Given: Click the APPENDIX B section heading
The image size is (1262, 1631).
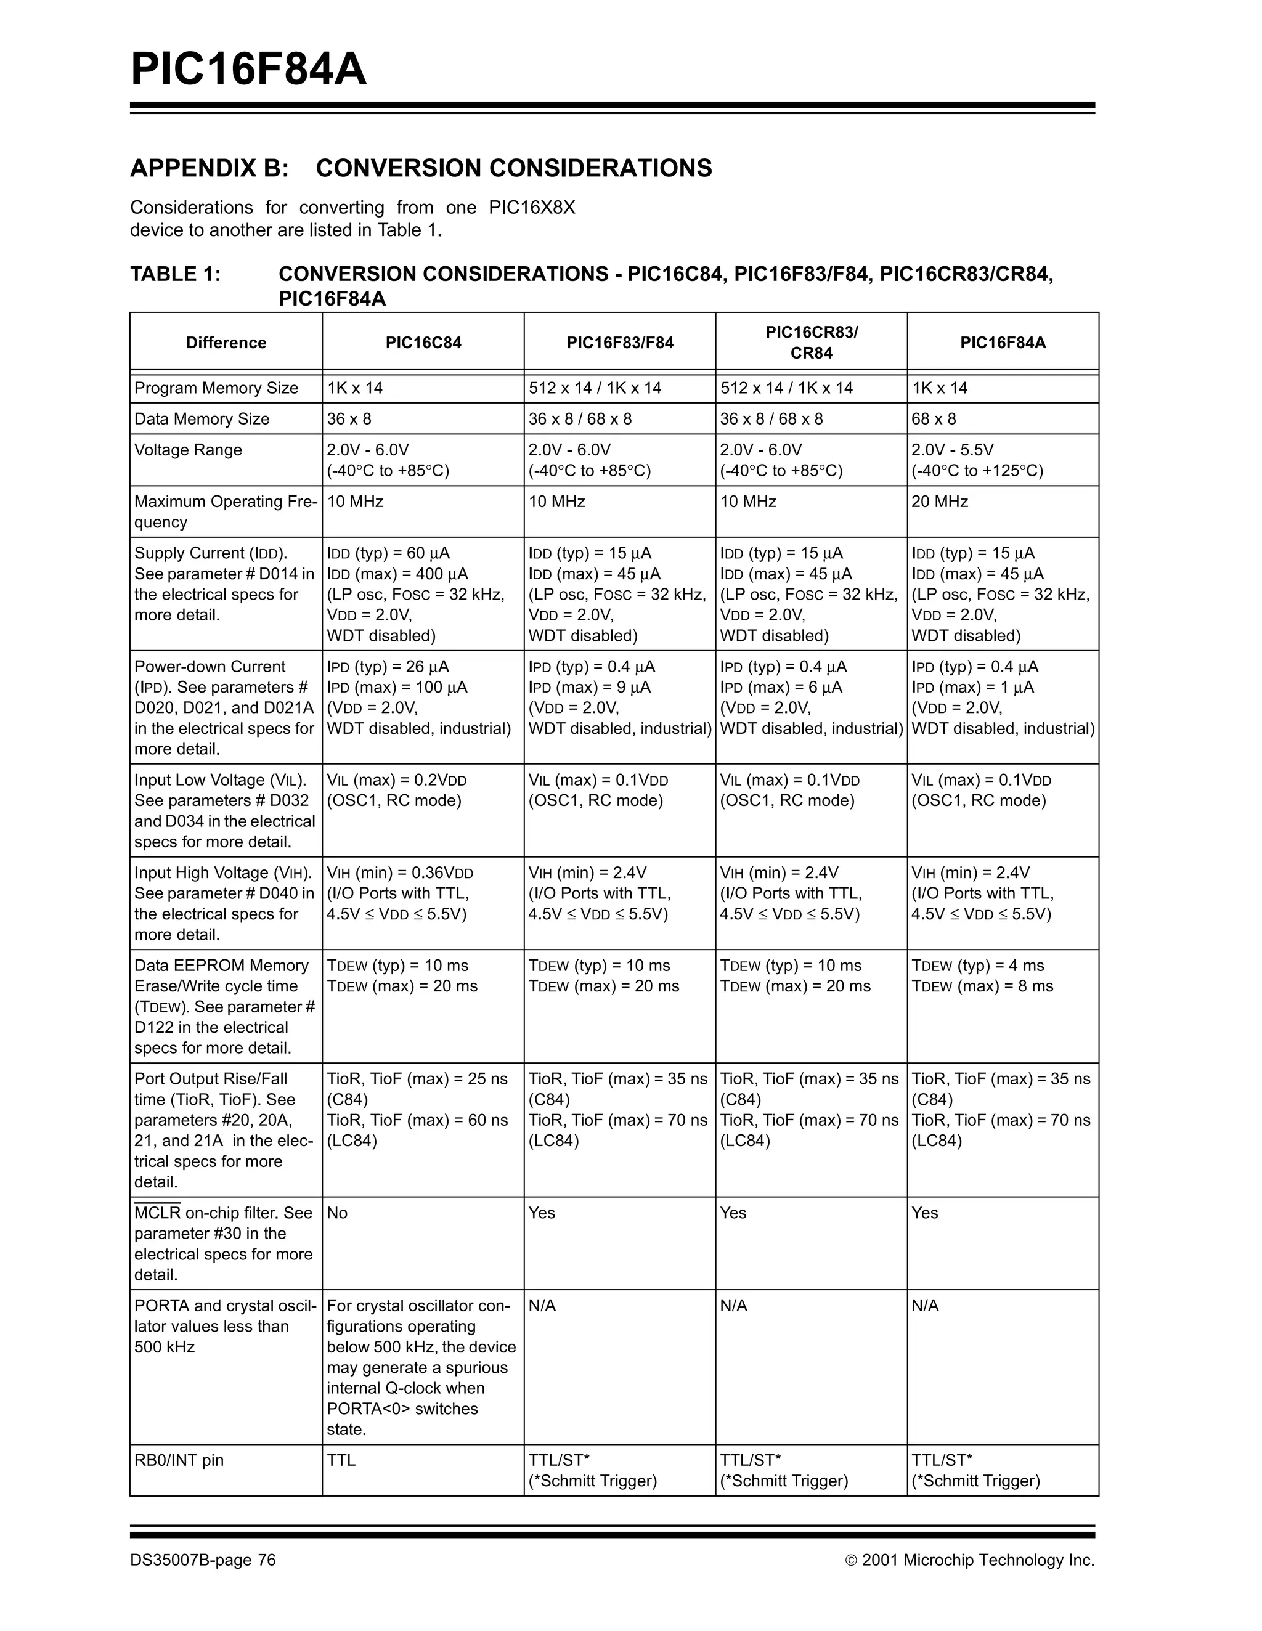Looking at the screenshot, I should [420, 168].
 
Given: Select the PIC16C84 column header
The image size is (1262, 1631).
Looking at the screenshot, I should [423, 343].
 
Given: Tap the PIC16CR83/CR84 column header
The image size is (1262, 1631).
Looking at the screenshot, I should [811, 343].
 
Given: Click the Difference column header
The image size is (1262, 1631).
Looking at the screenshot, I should [226, 343].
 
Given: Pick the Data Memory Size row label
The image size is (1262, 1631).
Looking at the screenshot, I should [202, 419].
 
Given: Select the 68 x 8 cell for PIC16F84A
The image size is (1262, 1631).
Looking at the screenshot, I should [934, 419].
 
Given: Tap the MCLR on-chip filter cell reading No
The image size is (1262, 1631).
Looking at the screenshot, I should [338, 1213].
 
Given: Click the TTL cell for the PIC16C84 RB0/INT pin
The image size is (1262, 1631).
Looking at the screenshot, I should [341, 1460].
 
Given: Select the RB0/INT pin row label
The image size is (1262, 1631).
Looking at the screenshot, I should [179, 1460].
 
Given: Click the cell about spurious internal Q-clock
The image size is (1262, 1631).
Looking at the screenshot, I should [421, 1367].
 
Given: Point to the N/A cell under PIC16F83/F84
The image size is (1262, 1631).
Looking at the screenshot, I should [543, 1306].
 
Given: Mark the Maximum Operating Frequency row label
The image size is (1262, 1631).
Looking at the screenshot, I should [224, 511].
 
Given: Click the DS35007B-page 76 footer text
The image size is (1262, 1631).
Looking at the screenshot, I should [203, 1560].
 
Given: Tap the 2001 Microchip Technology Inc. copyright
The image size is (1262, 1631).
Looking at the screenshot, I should [970, 1560].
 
